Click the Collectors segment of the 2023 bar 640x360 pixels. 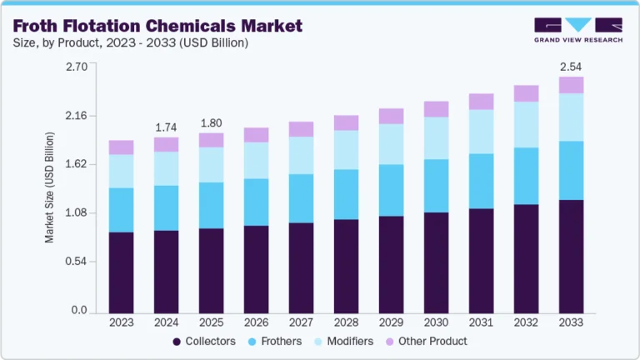(x=121, y=272)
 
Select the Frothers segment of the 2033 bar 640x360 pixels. (x=571, y=170)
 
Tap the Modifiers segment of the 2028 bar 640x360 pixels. (x=346, y=150)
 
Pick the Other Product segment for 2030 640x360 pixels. (x=436, y=109)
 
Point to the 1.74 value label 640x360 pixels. (x=166, y=127)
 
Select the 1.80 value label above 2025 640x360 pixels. (x=211, y=122)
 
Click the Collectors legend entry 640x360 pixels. (x=204, y=341)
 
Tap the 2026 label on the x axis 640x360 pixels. (x=256, y=322)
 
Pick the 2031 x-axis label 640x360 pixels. (x=481, y=322)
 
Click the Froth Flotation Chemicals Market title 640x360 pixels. (x=157, y=26)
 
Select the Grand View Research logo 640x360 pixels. (x=578, y=29)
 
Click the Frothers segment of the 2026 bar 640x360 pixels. (x=256, y=202)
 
